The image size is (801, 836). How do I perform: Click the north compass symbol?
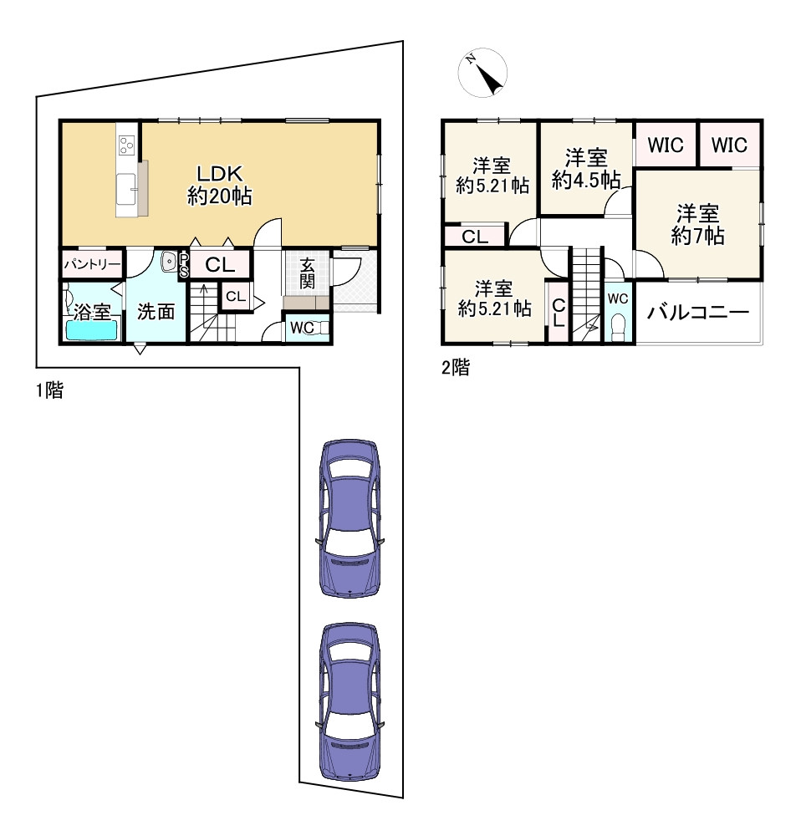pyautogui.click(x=482, y=73)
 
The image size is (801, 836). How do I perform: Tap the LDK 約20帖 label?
pyautogui.click(x=220, y=185)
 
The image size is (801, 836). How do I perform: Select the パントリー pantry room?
pyautogui.click(x=92, y=264)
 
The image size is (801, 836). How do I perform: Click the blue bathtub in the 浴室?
pyautogui.click(x=91, y=329)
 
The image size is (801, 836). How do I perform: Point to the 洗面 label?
pyautogui.click(x=156, y=311)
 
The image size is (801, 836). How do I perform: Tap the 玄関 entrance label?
pyautogui.click(x=307, y=273)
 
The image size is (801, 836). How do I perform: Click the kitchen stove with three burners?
pyautogui.click(x=126, y=145)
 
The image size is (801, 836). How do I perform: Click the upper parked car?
pyautogui.click(x=349, y=518)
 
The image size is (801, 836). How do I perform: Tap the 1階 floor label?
pyautogui.click(x=49, y=390)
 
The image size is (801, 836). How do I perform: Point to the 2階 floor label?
pyautogui.click(x=456, y=367)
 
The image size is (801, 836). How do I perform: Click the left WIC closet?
pyautogui.click(x=666, y=145)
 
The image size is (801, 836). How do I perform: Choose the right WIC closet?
pyautogui.click(x=729, y=145)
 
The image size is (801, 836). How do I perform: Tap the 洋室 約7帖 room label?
pyautogui.click(x=697, y=224)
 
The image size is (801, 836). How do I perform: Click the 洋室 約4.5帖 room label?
pyautogui.click(x=586, y=170)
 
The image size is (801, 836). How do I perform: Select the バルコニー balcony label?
pyautogui.click(x=698, y=312)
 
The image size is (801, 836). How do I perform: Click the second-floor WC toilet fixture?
pyautogui.click(x=618, y=326)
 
